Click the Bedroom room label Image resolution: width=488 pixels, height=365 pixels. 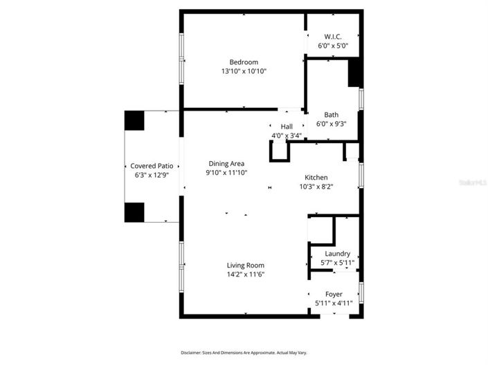244,62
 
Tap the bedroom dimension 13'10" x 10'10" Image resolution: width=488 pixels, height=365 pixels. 244,71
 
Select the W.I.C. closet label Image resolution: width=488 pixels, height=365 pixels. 332,37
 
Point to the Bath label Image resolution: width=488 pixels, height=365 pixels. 332,115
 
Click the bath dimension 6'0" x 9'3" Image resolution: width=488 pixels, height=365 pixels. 332,124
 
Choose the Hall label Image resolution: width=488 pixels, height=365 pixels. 287,127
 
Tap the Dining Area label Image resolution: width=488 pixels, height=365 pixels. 227,164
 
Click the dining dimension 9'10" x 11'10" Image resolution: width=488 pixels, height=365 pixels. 227,173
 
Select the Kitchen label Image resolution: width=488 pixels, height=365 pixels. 316,178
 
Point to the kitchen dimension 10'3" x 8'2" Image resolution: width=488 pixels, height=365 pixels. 316,187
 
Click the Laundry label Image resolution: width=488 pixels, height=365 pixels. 337,254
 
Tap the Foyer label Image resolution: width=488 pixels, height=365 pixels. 334,294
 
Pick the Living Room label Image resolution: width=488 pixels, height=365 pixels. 246,265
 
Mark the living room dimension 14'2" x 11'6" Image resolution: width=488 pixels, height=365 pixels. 246,274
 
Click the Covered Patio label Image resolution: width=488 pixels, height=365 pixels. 152,167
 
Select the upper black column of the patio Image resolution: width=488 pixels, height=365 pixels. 134,120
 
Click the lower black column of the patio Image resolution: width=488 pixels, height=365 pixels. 134,212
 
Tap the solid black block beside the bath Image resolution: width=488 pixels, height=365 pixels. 354,73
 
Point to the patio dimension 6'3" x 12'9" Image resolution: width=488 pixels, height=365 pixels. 152,176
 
